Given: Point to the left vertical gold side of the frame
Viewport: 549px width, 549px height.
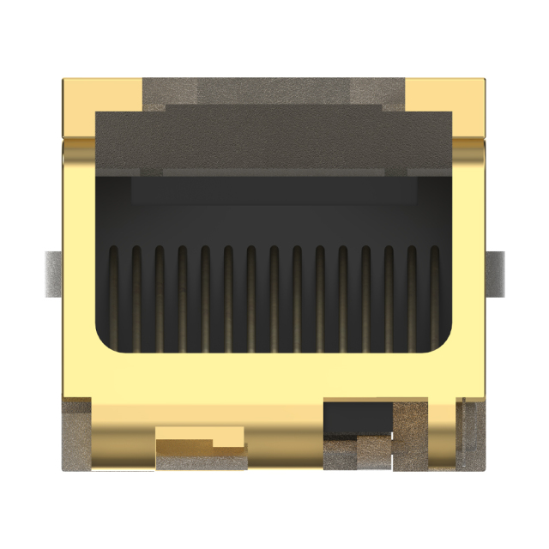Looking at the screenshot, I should pyautogui.click(x=77, y=257).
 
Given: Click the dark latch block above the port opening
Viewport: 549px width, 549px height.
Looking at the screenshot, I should pyautogui.click(x=274, y=142).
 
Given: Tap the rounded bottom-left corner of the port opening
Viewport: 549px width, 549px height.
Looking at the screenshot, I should pyautogui.click(x=105, y=341).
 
